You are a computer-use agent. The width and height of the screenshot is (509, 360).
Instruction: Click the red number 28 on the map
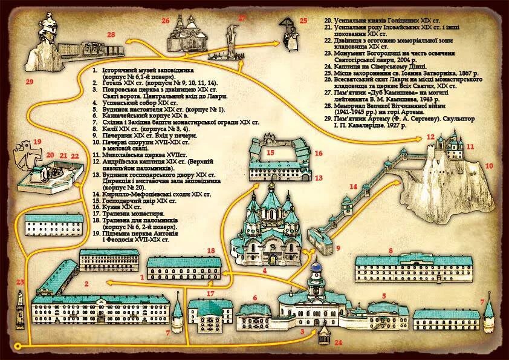pos(111,35)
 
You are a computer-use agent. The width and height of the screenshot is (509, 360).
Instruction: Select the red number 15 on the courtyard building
pos(270,152)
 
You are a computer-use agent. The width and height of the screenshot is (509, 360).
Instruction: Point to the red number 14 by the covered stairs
pos(353,186)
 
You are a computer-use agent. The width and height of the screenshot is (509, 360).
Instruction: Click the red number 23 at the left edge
pos(20,282)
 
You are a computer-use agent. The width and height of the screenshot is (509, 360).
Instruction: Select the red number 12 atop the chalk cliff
pos(430,137)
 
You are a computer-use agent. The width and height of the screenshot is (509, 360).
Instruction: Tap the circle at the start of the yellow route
pos(18,345)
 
